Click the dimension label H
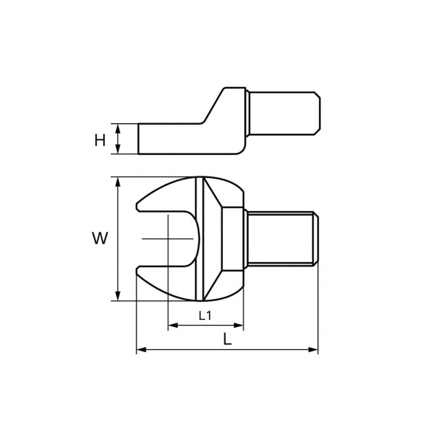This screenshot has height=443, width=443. (x=100, y=140)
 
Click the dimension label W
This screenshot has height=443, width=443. (x=100, y=238)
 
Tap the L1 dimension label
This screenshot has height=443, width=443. (x=205, y=315)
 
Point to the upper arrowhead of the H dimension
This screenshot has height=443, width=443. (x=118, y=128)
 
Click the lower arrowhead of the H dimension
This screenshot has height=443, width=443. (x=118, y=149)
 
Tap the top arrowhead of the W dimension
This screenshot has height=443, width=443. (x=118, y=182)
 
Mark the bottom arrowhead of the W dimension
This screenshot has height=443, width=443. (x=118, y=296)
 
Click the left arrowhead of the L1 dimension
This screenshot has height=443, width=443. (x=174, y=326)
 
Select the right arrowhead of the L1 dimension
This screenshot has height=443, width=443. (x=238, y=326)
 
